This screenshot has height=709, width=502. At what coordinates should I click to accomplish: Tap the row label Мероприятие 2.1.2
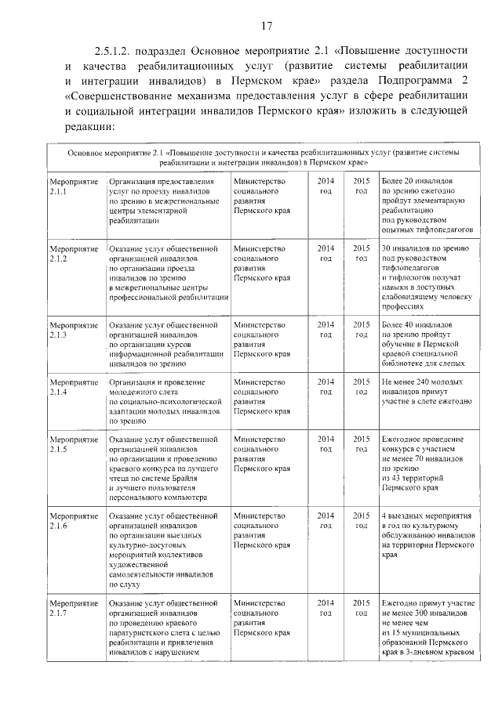click(x=73, y=253)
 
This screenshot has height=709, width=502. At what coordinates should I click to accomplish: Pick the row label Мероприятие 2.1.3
click(x=73, y=328)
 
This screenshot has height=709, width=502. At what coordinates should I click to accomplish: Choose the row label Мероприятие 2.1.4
click(x=73, y=385)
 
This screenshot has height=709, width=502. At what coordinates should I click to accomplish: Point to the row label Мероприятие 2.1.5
click(x=73, y=443)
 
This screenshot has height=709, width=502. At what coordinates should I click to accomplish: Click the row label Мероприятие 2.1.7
click(x=73, y=607)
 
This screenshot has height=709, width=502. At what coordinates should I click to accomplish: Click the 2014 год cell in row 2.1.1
click(x=326, y=186)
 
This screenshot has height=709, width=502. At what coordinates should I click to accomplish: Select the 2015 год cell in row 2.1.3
click(x=361, y=328)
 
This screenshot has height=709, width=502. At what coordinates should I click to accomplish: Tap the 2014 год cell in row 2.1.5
click(x=326, y=443)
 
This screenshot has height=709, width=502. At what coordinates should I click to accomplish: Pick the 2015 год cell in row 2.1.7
click(x=361, y=607)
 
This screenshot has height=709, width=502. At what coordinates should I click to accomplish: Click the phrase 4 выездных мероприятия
click(x=426, y=515)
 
